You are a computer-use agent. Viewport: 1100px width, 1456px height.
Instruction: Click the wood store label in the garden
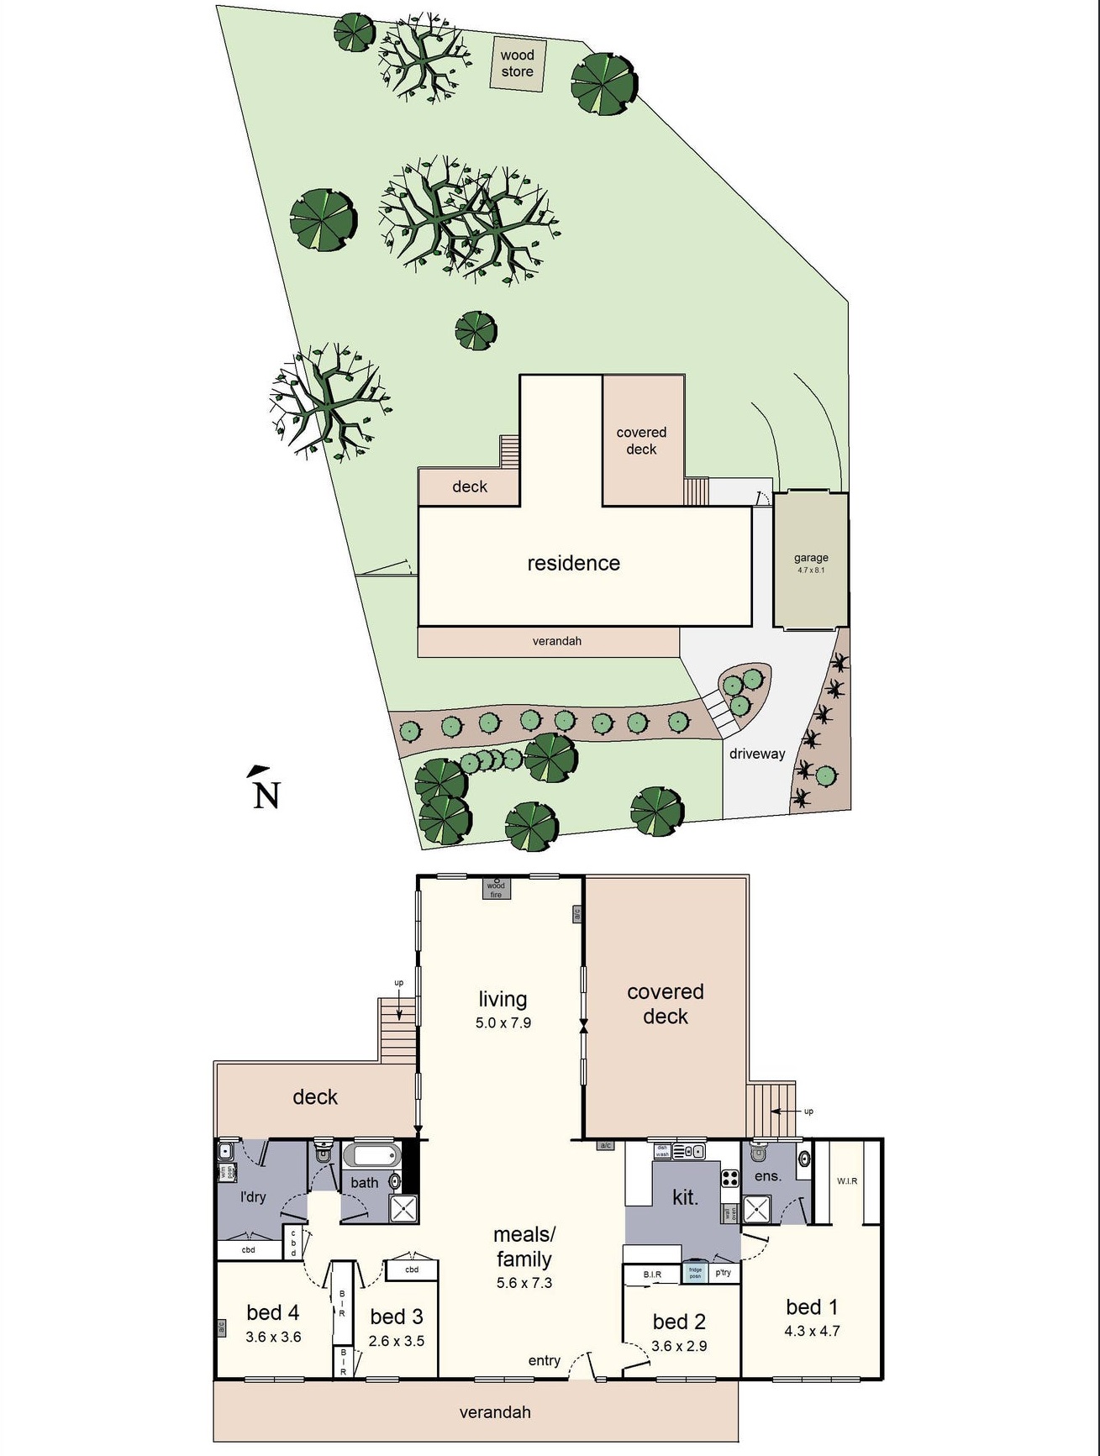point(517,63)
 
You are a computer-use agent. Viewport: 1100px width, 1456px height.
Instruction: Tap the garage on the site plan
point(810,560)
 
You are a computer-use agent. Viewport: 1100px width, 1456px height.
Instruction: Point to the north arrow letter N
point(266,794)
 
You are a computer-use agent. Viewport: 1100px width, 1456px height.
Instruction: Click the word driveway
point(756,754)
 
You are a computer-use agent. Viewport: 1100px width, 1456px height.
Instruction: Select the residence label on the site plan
point(573,563)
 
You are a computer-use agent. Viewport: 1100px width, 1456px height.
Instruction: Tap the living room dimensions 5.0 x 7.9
point(503,1022)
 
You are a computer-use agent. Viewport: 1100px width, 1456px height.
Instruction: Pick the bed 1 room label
point(811,1306)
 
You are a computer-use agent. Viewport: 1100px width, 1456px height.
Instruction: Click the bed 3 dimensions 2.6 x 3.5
point(396,1341)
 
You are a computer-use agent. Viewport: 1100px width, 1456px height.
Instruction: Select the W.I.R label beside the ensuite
point(847,1180)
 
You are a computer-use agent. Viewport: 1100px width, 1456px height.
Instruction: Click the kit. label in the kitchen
point(685,1197)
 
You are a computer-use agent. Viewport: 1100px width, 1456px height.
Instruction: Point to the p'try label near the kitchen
point(723,1272)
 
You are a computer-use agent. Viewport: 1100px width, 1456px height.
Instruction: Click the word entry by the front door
point(544,1360)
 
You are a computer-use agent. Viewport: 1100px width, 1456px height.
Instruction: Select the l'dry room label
point(252,1196)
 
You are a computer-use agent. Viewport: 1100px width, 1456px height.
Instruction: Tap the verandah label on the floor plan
point(495,1412)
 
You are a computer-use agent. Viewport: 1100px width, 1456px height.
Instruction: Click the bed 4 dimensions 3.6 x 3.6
point(273,1337)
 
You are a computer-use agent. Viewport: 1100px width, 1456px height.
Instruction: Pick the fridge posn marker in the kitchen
point(695,1272)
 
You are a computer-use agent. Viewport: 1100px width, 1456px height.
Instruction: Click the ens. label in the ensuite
point(767,1176)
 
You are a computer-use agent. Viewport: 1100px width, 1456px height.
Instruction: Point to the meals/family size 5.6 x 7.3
point(524,1283)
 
